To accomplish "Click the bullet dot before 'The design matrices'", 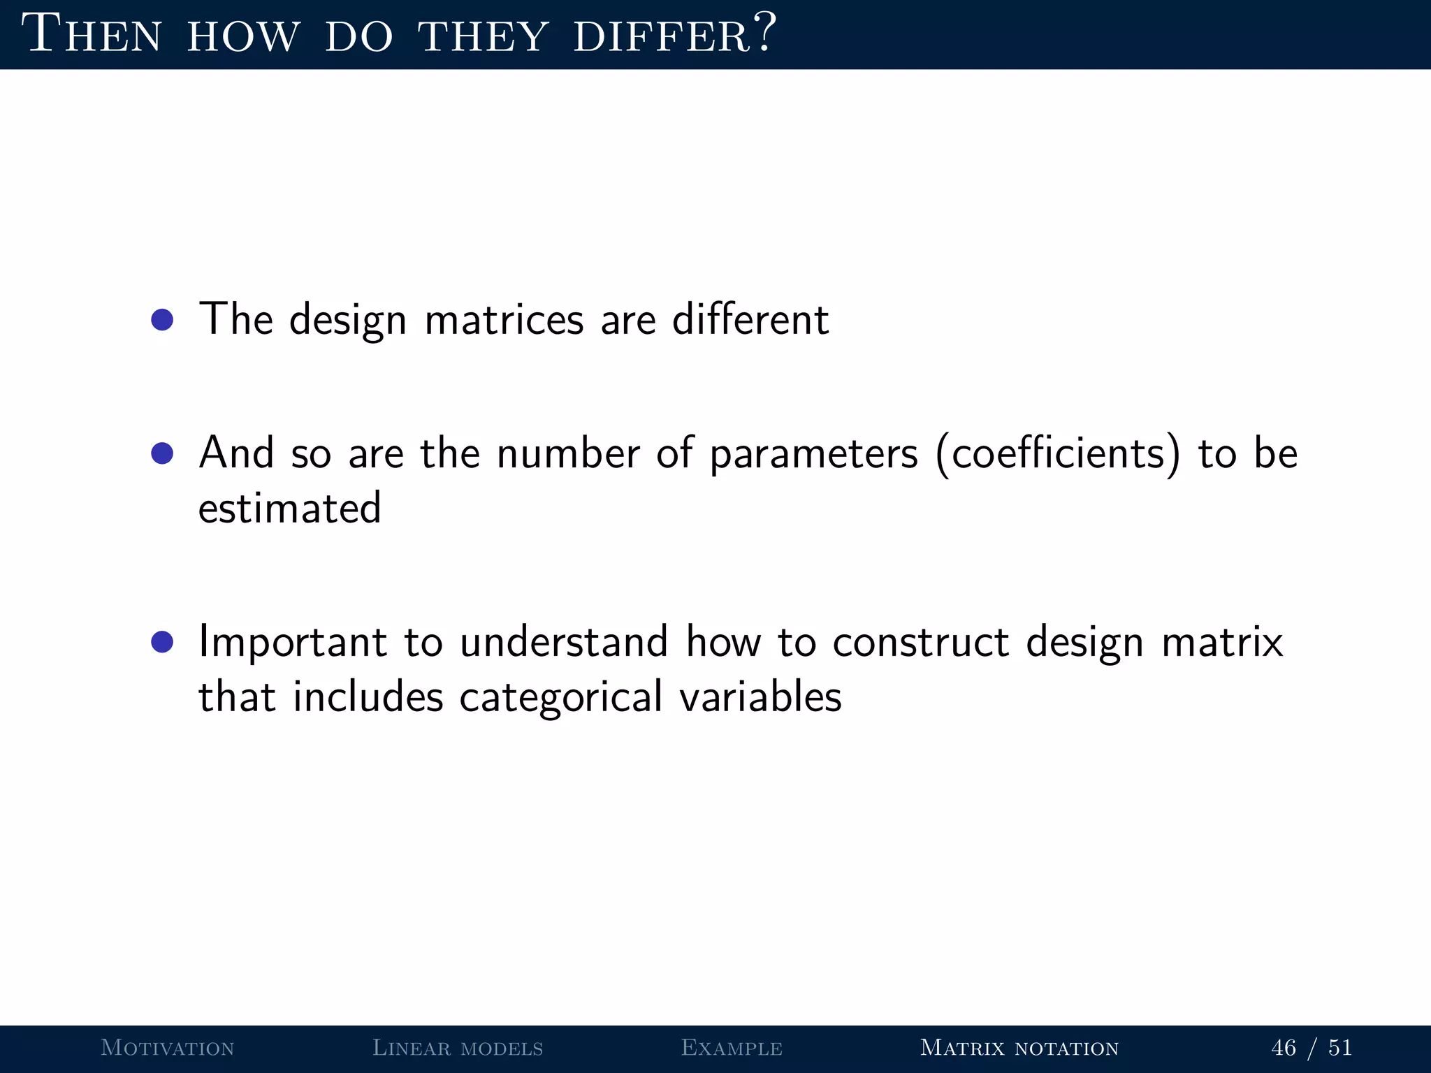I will click(x=162, y=321).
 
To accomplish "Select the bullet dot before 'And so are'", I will click(x=162, y=454).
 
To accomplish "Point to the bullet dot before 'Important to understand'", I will click(x=162, y=642).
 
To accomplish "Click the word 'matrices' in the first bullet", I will click(x=504, y=320).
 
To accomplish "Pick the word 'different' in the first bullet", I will click(x=750, y=320).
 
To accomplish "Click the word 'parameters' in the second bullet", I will click(x=813, y=455).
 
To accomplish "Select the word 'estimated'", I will click(x=289, y=508).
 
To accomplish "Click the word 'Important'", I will click(x=292, y=643).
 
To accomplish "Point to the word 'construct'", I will click(x=920, y=642).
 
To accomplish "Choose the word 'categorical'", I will click(x=560, y=697).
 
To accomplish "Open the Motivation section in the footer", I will click(x=168, y=1048).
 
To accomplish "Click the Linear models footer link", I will click(x=458, y=1048).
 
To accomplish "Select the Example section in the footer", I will click(x=732, y=1048).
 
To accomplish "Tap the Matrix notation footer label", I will click(x=1019, y=1048).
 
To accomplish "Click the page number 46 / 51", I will click(x=1312, y=1048).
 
